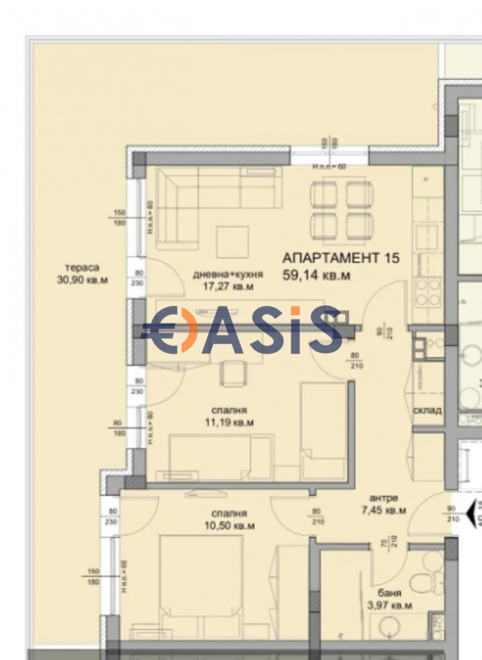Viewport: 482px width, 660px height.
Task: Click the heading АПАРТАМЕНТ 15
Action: [x=341, y=258]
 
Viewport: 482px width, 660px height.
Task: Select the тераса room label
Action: [x=83, y=268]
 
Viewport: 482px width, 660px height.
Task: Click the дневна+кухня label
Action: [x=228, y=275]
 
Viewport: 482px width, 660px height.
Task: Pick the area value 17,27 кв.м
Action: [x=228, y=287]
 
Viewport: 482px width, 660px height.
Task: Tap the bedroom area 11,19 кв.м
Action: [x=228, y=423]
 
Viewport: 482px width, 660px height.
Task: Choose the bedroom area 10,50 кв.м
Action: [x=228, y=526]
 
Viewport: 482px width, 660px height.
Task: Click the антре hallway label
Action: [x=383, y=499]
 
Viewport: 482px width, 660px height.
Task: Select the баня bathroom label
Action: [x=391, y=593]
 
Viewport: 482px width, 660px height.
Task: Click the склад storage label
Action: [x=427, y=410]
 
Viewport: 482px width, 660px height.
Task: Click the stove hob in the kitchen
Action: [x=428, y=292]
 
